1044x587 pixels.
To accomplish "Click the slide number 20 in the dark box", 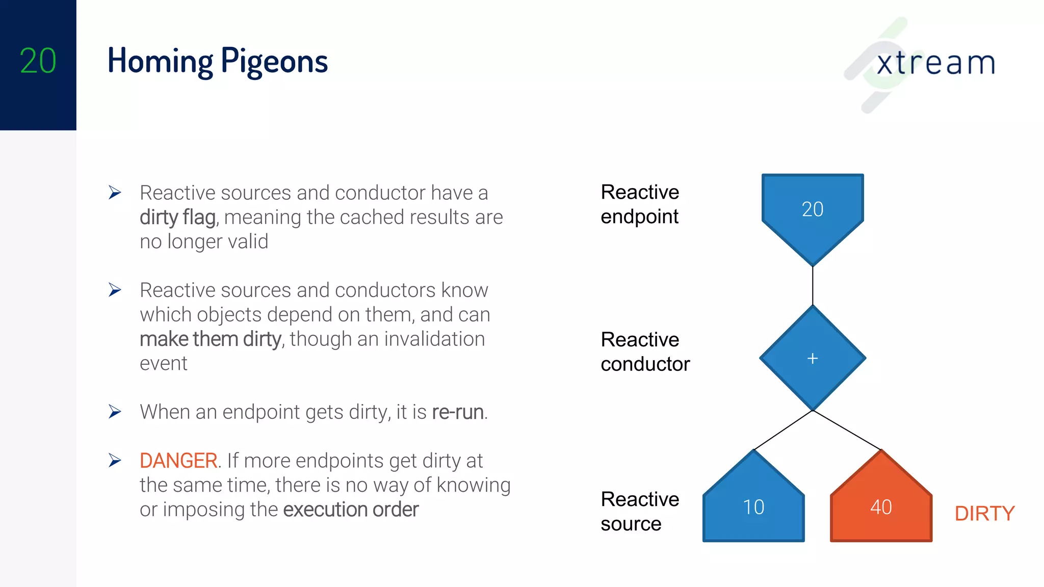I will click(x=38, y=61).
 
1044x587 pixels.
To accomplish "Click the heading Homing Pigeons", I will click(x=218, y=61).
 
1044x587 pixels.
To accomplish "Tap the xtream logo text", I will click(x=935, y=64).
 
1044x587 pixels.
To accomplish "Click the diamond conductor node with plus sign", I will click(x=813, y=358).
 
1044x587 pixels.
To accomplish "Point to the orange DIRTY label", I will click(x=984, y=514).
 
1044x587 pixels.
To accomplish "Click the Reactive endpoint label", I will click(x=640, y=204).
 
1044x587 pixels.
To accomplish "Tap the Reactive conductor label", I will click(x=645, y=352).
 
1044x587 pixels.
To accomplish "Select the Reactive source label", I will click(x=640, y=511).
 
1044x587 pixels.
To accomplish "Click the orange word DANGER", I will click(x=178, y=461).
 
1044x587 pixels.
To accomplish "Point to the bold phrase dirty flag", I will click(x=178, y=218).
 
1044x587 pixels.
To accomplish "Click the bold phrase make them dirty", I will click(x=210, y=339).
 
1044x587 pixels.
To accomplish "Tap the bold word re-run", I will click(x=458, y=412).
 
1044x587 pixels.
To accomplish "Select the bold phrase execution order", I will click(x=351, y=510).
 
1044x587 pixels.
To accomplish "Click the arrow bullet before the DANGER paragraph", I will click(x=115, y=461).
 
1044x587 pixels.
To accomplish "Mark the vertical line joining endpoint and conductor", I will click(x=813, y=285).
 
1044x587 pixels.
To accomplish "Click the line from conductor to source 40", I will click(x=847, y=430).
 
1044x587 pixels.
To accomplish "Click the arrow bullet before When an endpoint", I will click(x=115, y=412).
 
